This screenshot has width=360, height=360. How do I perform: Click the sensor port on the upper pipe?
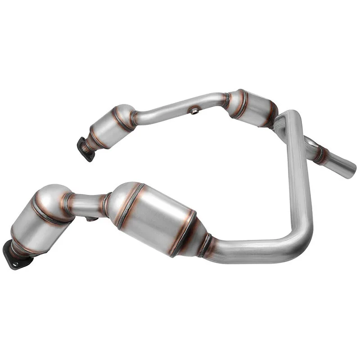[x=194, y=111]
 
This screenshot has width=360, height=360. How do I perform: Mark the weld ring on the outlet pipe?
[x=320, y=154]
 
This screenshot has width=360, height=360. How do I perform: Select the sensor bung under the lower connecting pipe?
[x=91, y=219]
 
